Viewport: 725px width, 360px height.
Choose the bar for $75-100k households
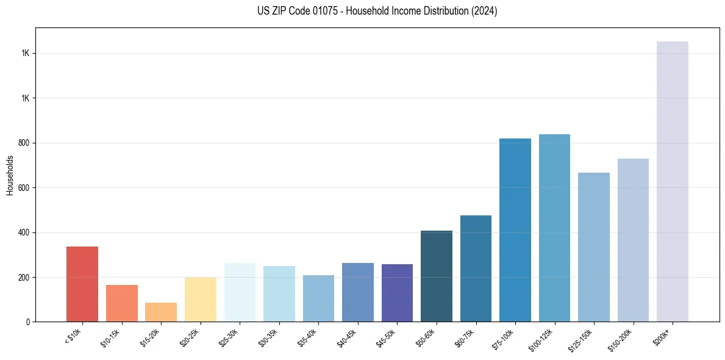515,230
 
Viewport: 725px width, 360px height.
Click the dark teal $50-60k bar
436,276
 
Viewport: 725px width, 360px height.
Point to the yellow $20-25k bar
201,300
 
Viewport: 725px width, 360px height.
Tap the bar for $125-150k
593,247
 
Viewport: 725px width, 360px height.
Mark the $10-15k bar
122,303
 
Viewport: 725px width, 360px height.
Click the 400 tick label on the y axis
24,232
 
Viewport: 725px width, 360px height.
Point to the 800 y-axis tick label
24,143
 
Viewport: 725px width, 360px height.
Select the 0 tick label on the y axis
27,322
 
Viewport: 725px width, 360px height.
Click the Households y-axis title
10,175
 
